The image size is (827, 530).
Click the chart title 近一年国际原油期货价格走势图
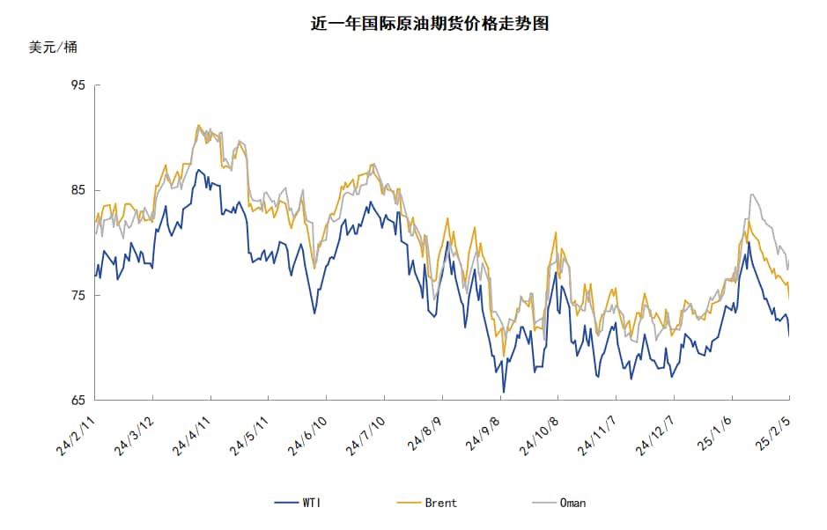pyautogui.click(x=430, y=24)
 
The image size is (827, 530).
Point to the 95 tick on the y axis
pyautogui.click(x=78, y=85)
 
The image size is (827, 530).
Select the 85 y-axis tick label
pyautogui.click(x=78, y=190)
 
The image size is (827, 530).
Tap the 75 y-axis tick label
pyautogui.click(x=78, y=296)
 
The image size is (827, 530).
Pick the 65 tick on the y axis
pyautogui.click(x=78, y=401)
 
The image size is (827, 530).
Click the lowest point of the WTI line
pyautogui.click(x=504, y=392)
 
